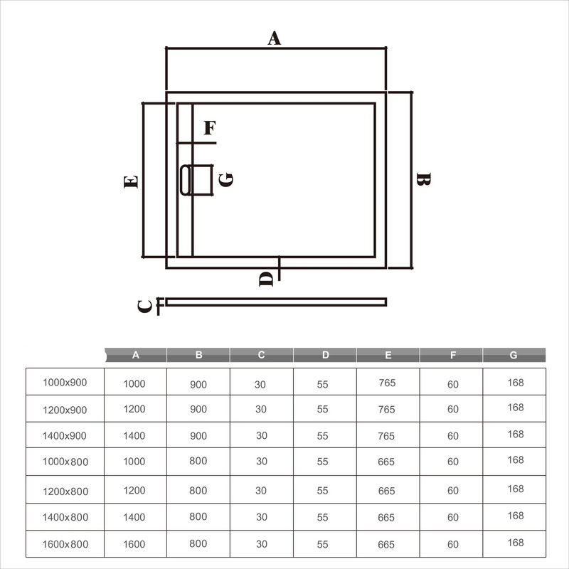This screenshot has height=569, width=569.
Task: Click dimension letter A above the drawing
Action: pyautogui.click(x=275, y=38)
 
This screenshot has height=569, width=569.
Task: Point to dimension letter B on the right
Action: pyautogui.click(x=422, y=181)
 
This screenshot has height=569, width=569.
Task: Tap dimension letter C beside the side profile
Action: pyautogui.click(x=144, y=306)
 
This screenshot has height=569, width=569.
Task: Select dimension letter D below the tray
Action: pyautogui.click(x=266, y=278)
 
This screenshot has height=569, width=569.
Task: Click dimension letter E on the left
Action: pyautogui.click(x=130, y=182)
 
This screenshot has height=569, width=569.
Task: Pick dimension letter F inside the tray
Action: pyautogui.click(x=210, y=129)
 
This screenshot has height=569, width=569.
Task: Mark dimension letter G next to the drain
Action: pyautogui.click(x=226, y=179)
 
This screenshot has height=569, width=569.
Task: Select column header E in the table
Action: pyautogui.click(x=388, y=355)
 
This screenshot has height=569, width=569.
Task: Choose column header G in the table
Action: pyautogui.click(x=514, y=355)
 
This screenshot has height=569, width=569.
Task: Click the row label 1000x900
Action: pyautogui.click(x=65, y=383)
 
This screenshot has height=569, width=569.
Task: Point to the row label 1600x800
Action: pyautogui.click(x=65, y=544)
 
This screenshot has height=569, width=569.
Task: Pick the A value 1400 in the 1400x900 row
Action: pyautogui.click(x=134, y=436)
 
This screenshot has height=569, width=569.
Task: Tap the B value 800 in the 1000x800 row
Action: pyautogui.click(x=198, y=461)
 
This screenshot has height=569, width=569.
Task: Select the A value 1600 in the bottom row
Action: pyautogui.click(x=134, y=544)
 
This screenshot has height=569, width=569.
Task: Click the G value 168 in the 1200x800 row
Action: pyautogui.click(x=516, y=489)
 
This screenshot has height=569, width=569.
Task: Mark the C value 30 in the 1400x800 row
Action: pyautogui.click(x=261, y=517)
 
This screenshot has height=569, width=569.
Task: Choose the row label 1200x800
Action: pyautogui.click(x=65, y=491)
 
